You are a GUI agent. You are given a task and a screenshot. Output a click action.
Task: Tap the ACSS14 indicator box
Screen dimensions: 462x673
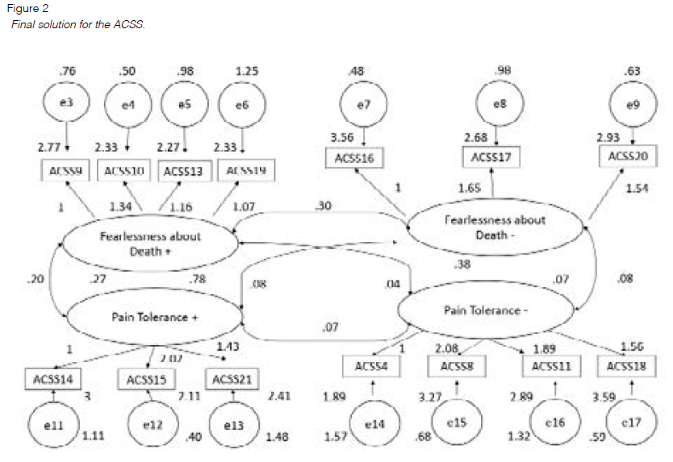click(x=54, y=378)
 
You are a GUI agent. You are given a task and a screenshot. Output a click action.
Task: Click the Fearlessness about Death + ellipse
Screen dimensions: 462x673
click(x=150, y=243)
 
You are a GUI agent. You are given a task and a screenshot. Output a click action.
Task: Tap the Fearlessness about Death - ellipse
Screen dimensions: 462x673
click(x=495, y=227)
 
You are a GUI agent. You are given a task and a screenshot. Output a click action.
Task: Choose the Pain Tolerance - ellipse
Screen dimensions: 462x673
click(x=483, y=310)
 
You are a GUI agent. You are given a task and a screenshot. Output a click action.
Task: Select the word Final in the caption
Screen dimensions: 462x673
click(x=25, y=25)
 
